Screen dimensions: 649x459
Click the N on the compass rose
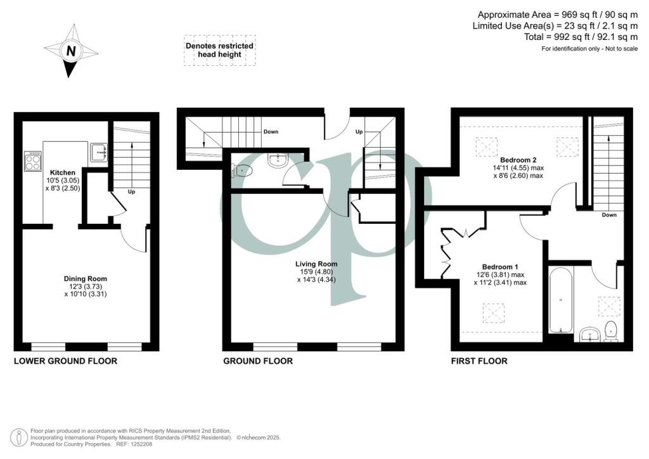[x=71, y=51]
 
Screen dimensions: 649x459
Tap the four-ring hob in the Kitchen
[x=33, y=160]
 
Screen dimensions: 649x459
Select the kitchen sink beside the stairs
[x=99, y=152]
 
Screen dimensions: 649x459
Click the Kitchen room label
[x=63, y=172]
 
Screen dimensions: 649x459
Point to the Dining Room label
[x=86, y=279]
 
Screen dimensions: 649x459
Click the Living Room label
[x=316, y=264]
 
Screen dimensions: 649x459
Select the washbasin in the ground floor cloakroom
[x=278, y=160]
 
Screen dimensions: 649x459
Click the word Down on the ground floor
[x=271, y=132]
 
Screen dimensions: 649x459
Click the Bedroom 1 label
[x=500, y=267]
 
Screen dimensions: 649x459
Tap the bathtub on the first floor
[x=561, y=300]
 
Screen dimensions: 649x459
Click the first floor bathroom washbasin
[x=590, y=334]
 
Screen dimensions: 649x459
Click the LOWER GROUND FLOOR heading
[x=65, y=361]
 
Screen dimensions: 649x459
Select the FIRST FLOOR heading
[x=479, y=361]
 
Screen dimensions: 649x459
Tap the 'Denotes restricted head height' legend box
[x=219, y=50]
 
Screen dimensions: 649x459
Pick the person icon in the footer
[x=19, y=438]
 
